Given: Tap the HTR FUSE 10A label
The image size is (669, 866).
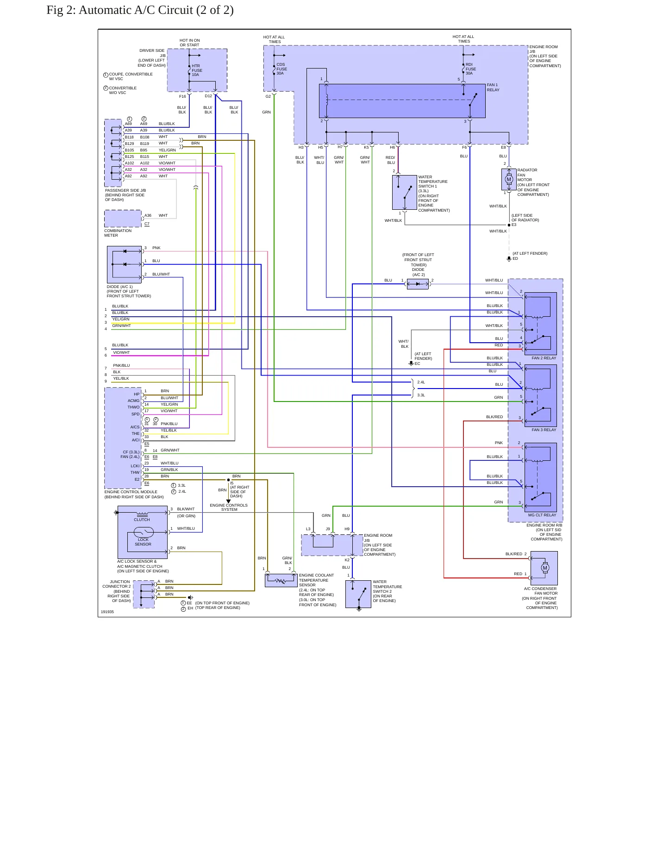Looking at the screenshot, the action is (x=197, y=70).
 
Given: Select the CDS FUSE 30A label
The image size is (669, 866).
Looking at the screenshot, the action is (x=281, y=69).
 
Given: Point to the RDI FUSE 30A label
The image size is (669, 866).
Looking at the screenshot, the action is (x=471, y=69).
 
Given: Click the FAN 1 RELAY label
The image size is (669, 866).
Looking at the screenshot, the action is (x=493, y=88).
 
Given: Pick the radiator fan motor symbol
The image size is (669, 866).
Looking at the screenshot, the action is (x=509, y=179).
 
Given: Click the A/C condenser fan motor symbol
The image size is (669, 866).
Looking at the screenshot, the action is (x=544, y=568).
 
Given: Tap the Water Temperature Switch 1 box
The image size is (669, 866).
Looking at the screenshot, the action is (x=405, y=193).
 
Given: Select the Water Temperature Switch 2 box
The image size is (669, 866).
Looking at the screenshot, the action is (x=358, y=594).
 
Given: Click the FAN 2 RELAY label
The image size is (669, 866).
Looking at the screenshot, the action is (x=544, y=358).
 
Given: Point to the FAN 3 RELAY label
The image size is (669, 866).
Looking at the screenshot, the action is (x=544, y=430).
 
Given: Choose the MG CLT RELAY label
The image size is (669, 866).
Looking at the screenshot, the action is (x=542, y=515).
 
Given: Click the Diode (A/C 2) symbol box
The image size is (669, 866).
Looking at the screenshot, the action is (x=418, y=284).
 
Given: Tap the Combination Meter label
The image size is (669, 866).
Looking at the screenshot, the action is (x=118, y=233).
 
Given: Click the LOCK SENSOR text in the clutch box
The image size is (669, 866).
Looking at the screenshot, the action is (x=143, y=542).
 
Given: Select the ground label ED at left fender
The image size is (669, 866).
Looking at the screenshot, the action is (x=515, y=258).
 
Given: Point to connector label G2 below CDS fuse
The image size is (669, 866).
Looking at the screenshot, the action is (x=268, y=96).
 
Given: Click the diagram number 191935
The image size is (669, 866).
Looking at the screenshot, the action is (x=107, y=612).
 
